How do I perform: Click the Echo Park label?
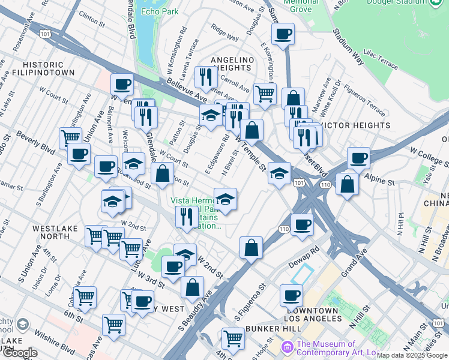pyautogui.click(x=157, y=11)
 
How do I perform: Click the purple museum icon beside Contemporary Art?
pyautogui.click(x=288, y=347)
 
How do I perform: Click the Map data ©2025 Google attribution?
pyautogui.click(x=412, y=355)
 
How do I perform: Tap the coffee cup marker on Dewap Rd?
pyautogui.click(x=301, y=224)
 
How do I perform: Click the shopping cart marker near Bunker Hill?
pyautogui.click(x=233, y=338)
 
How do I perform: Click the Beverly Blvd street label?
pyautogui.click(x=36, y=142)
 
